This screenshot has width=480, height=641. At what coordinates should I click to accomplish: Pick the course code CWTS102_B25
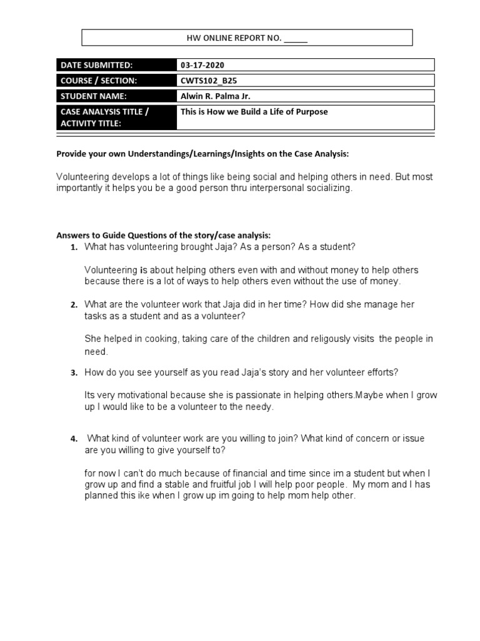(207, 81)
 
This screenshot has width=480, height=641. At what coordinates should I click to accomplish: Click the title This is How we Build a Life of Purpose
(254, 112)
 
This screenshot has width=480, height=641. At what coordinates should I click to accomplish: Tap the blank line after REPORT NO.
(296, 39)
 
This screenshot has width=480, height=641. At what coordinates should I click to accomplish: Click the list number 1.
(74, 248)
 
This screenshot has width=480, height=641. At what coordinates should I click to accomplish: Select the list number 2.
(74, 305)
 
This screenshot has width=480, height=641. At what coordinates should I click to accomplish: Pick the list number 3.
(74, 373)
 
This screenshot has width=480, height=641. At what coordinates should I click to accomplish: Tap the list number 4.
(74, 439)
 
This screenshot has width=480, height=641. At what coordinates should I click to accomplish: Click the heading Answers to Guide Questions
(164, 235)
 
